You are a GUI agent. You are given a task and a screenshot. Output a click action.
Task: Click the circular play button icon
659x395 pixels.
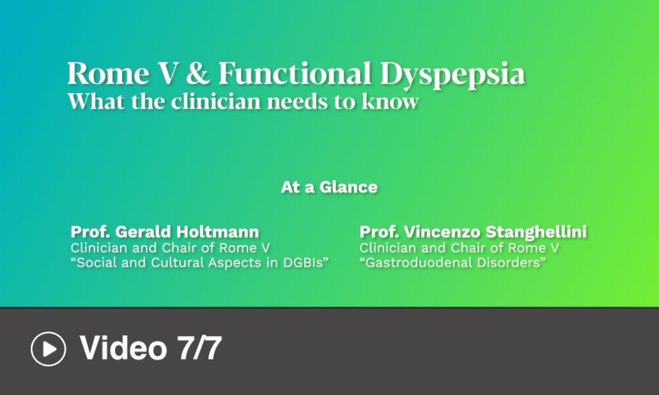coord(48,349)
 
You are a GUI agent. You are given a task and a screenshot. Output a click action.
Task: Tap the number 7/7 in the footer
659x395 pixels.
coord(199,348)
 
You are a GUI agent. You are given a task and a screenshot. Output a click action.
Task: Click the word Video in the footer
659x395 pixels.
coord(123,348)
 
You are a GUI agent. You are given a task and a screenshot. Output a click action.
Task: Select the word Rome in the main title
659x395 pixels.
coord(108,74)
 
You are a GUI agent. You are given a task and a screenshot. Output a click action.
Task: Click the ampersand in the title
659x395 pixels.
coord(198,74)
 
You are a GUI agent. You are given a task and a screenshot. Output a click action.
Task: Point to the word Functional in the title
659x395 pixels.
coord(295,74)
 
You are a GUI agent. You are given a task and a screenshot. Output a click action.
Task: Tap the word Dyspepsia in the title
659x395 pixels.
coord(453,76)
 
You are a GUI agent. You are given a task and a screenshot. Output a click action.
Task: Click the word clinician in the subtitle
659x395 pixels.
coord(216,101)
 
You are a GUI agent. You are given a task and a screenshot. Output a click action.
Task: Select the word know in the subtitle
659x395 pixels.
coord(390,101)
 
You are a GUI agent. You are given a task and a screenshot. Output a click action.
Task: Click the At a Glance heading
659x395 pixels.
coord(329,187)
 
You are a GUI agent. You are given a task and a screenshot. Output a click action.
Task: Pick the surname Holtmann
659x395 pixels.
coord(217,232)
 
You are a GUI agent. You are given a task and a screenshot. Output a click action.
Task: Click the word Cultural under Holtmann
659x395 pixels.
coord(178,263)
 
